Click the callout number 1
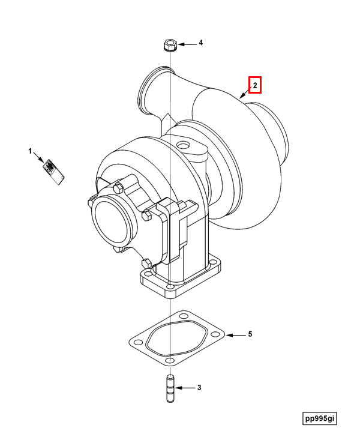point(29,151)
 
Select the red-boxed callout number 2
point(254,86)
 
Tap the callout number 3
point(199,388)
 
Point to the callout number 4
point(201,43)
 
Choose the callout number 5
point(250,334)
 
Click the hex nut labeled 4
point(169,45)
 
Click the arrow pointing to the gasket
point(235,334)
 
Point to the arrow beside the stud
point(185,388)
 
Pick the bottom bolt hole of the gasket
point(170,360)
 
